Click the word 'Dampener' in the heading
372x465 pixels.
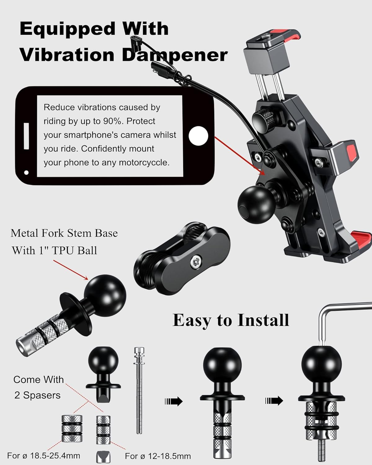pos(175,55)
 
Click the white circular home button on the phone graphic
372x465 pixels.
pos(198,136)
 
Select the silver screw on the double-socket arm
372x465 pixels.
pos(196,263)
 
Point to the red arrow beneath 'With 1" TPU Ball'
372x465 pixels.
pos(71,270)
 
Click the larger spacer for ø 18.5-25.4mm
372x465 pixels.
pos(72,428)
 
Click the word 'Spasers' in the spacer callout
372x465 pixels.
pos(42,395)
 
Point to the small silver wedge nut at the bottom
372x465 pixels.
pos(103,457)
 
